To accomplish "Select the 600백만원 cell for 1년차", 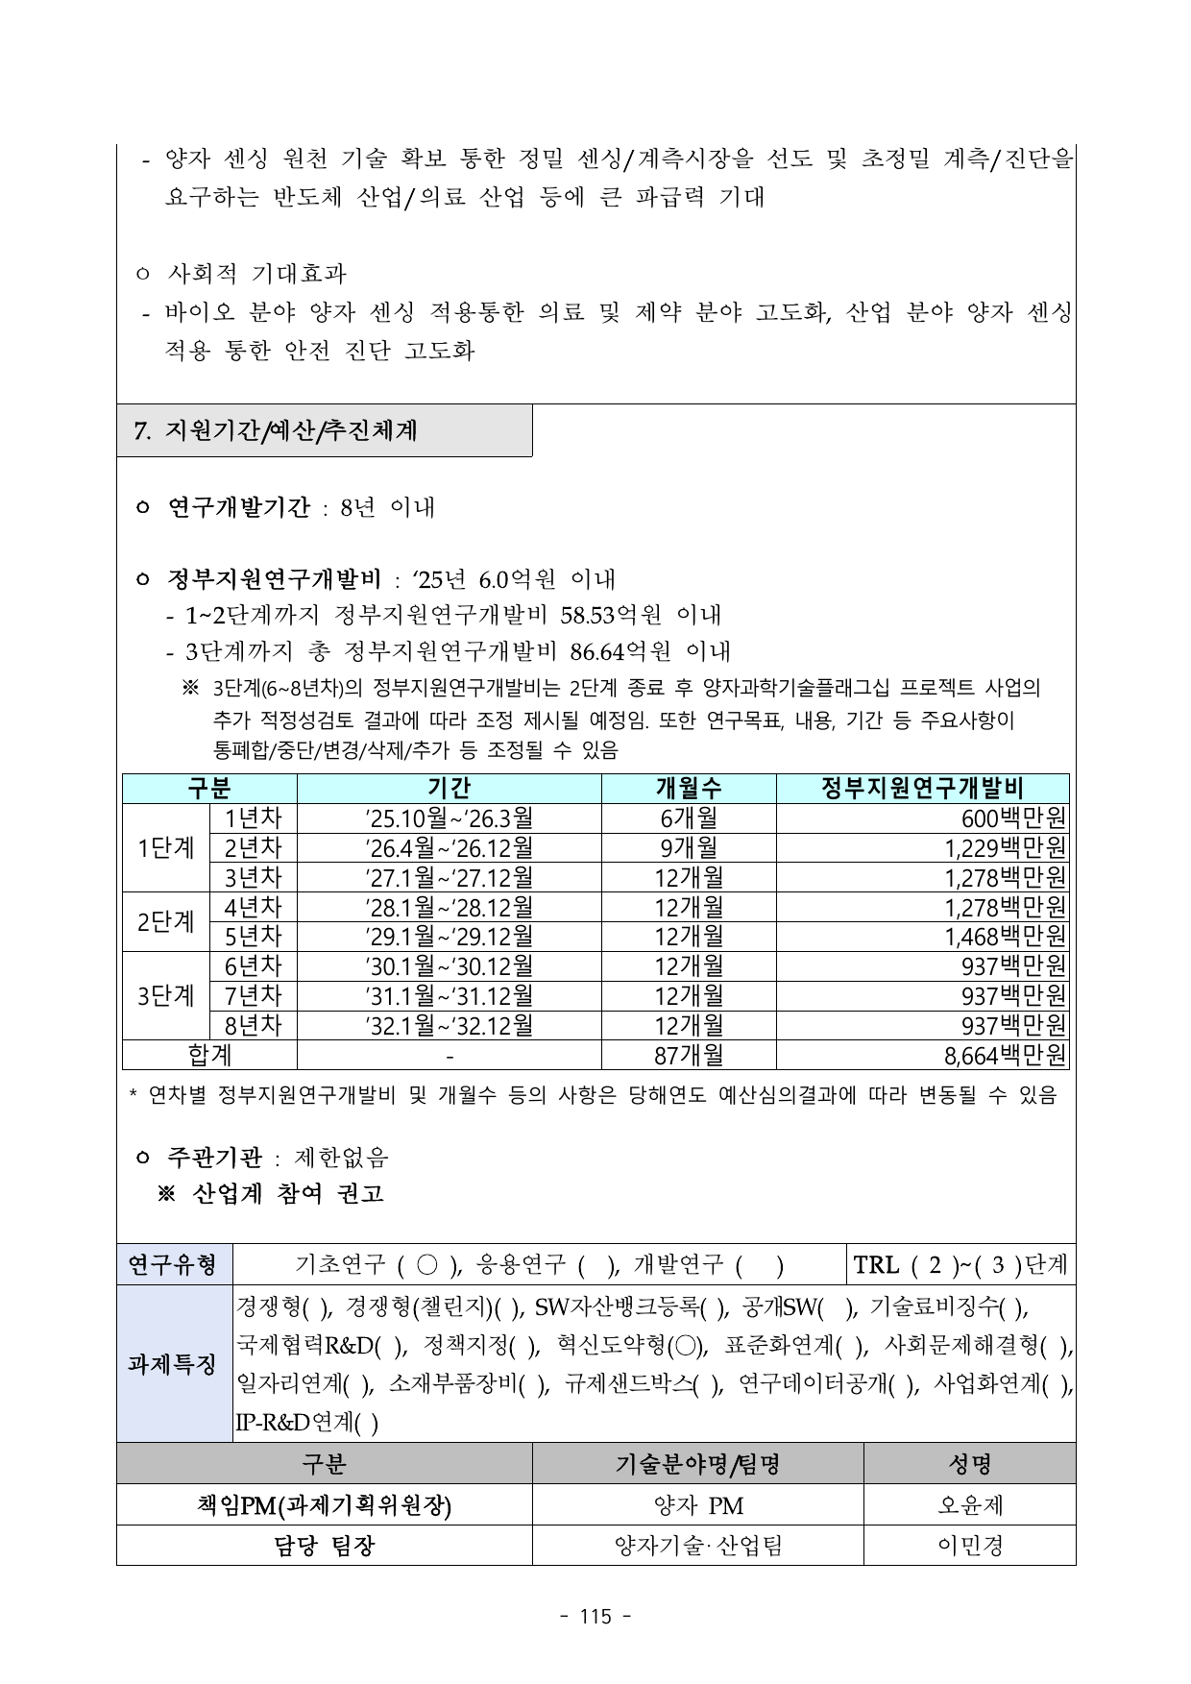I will [1013, 818].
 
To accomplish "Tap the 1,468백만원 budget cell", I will [1005, 937].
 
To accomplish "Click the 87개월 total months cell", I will [688, 1056].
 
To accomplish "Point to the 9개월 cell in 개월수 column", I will [688, 848].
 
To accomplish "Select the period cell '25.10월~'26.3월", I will [449, 818].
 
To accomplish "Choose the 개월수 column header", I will [688, 789].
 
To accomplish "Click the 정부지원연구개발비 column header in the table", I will [922, 789].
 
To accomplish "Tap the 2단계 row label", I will [165, 922].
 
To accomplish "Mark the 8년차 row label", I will [253, 1026].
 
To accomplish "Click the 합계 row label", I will [209, 1056].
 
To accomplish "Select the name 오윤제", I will [969, 1504].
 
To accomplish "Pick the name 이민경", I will [969, 1545].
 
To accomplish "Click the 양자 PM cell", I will [697, 1504].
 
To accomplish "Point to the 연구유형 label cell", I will [174, 1264].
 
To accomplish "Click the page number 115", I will [595, 1617].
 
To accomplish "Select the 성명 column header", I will [969, 1463].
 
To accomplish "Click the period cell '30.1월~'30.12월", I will [449, 966].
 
